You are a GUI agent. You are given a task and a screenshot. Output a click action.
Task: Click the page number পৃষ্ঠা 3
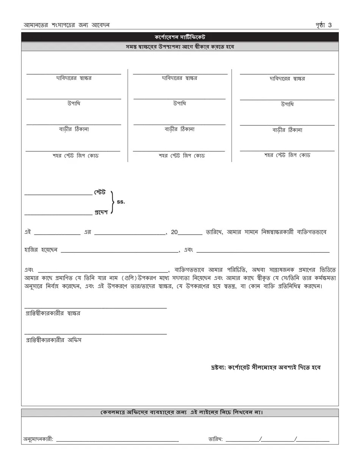pyautogui.click(x=323, y=25)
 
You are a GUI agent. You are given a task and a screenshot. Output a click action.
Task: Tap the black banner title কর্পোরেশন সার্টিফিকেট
pyautogui.click(x=180, y=37)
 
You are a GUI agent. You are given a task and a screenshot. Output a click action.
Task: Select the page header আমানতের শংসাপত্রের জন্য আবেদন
pyautogui.click(x=67, y=25)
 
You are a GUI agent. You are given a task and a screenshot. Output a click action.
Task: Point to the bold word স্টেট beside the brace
pyautogui.click(x=100, y=192)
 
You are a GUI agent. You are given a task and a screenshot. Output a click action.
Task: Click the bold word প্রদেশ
pyautogui.click(x=101, y=212)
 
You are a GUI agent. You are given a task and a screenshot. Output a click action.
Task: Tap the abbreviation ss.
pyautogui.click(x=121, y=202)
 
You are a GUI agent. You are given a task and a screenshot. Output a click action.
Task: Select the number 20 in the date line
pyautogui.click(x=174, y=232)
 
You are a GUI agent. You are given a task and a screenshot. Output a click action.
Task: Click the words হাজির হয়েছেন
pyautogui.click(x=41, y=250)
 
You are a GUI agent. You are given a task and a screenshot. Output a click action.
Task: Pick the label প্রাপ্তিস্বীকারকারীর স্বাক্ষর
pyautogui.click(x=53, y=313)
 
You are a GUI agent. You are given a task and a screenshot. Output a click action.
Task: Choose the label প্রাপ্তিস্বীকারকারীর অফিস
pyautogui.click(x=53, y=340)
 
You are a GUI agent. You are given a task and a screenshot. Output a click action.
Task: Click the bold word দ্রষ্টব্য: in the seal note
pyautogui.click(x=218, y=367)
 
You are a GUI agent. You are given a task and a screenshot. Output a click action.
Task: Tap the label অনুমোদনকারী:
pyautogui.click(x=38, y=439)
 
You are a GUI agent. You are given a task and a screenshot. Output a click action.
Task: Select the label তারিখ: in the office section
pyautogui.click(x=215, y=439)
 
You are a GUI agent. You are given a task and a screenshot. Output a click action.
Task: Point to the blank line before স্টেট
pyautogui.click(x=58, y=194)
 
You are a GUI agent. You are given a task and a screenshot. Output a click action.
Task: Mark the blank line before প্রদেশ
pyautogui.click(x=58, y=214)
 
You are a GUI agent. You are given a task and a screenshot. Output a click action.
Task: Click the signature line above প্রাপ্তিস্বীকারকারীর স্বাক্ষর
pyautogui.click(x=95, y=308)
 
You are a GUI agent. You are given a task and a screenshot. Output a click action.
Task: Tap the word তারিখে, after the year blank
pyautogui.click(x=214, y=232)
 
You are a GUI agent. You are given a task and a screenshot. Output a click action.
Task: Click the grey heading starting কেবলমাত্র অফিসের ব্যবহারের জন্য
pyautogui.click(x=180, y=412)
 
